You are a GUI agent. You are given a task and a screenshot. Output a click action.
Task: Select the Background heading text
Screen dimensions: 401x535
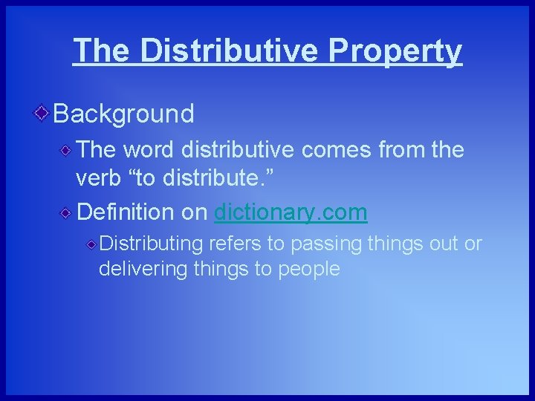pyautogui.click(x=123, y=114)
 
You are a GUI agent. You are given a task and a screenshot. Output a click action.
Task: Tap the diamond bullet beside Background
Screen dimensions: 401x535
pyautogui.click(x=42, y=113)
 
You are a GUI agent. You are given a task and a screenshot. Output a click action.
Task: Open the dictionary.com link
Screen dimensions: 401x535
pyautogui.click(x=291, y=212)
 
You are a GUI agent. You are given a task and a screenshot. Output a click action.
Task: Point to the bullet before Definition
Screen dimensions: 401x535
pyautogui.click(x=67, y=213)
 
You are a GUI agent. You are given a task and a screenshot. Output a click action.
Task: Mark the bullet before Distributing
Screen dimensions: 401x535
pyautogui.click(x=91, y=244)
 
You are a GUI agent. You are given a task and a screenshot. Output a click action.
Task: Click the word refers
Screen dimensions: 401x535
pyautogui.click(x=234, y=244)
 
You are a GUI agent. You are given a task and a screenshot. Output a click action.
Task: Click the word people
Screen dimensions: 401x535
pyautogui.click(x=308, y=270)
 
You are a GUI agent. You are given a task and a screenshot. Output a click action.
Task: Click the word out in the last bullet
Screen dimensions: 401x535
pyautogui.click(x=446, y=244)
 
